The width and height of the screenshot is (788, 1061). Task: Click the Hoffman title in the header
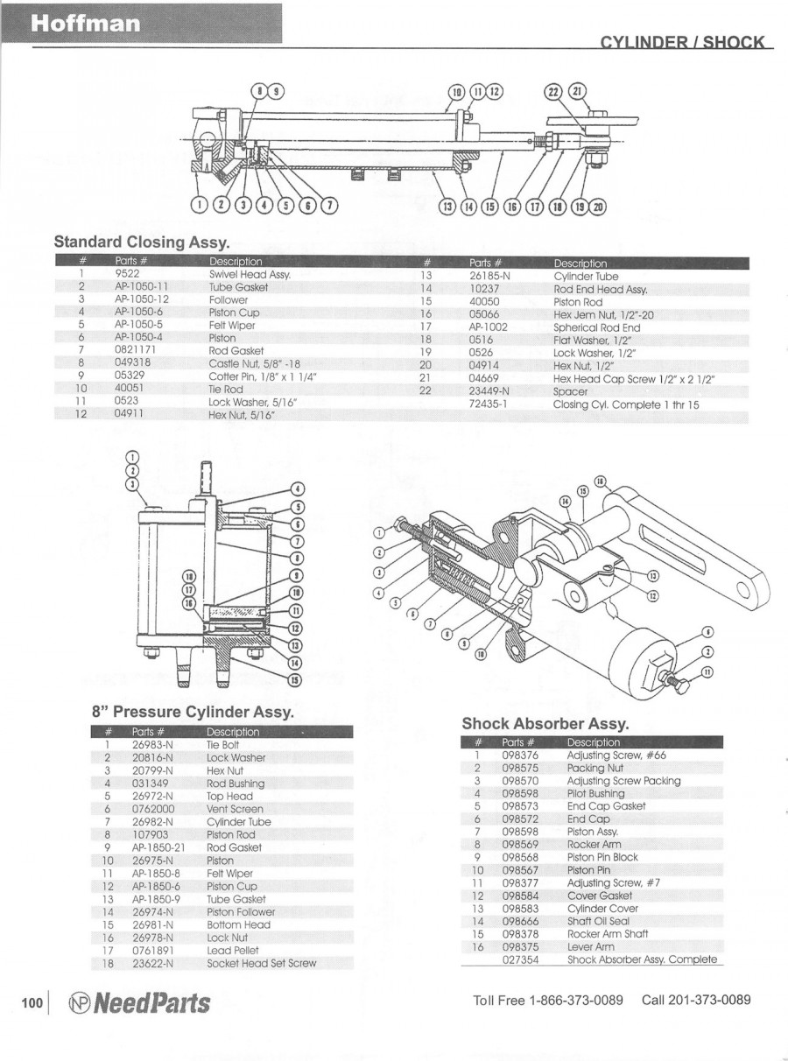[86, 25]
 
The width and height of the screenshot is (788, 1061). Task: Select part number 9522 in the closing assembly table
[128, 274]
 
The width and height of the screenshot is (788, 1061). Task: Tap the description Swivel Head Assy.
[250, 274]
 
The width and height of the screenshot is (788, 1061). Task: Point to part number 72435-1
[489, 404]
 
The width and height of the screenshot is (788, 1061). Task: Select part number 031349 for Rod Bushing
[150, 783]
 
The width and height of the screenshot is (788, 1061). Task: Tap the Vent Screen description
[235, 809]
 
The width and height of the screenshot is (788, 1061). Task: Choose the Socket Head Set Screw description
[262, 963]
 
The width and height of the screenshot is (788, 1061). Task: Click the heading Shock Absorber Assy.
[545, 723]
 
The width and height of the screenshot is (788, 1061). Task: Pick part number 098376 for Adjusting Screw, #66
[520, 755]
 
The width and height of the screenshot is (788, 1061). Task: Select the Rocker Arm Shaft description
[608, 934]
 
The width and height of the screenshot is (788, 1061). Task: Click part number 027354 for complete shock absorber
[520, 959]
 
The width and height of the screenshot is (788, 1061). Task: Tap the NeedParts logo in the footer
[138, 1002]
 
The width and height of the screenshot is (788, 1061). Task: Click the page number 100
[32, 1003]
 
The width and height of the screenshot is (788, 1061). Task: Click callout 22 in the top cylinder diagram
[552, 93]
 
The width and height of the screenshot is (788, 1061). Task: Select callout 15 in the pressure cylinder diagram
[295, 680]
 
